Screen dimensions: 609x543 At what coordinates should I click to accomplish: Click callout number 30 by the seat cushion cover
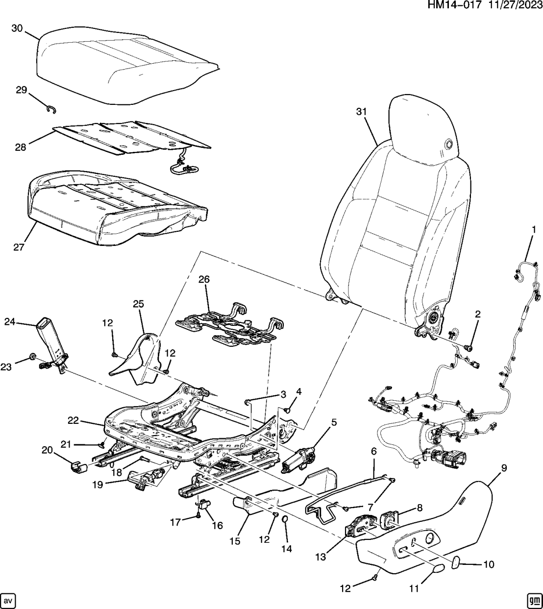pos(17,29)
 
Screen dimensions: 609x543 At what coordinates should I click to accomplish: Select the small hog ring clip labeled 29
pos(50,109)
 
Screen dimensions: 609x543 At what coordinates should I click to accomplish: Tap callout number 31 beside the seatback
pos(361,112)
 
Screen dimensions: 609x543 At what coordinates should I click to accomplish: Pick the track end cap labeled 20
pos(77,467)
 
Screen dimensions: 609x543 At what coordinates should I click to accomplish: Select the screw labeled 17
pos(197,515)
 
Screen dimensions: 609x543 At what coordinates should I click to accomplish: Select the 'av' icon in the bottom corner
pos(8,600)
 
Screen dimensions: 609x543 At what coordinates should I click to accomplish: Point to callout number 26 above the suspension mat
pos(204,280)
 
